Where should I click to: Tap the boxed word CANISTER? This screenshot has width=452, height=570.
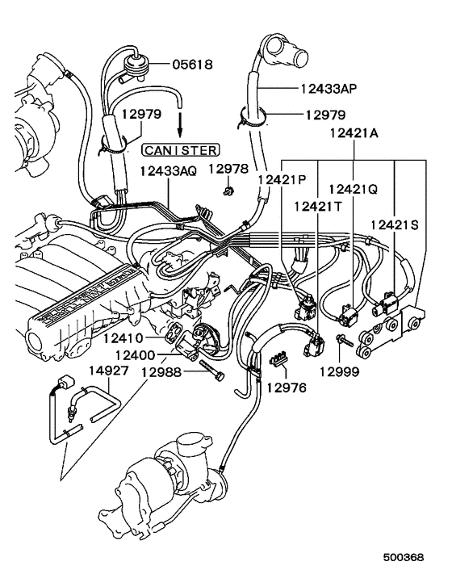tap(178, 149)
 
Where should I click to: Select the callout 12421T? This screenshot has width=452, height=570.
tap(318, 207)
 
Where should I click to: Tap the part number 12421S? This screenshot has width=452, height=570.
tap(395, 224)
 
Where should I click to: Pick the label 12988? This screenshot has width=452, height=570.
tap(164, 372)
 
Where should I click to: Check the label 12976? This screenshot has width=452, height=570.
tap(287, 388)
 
